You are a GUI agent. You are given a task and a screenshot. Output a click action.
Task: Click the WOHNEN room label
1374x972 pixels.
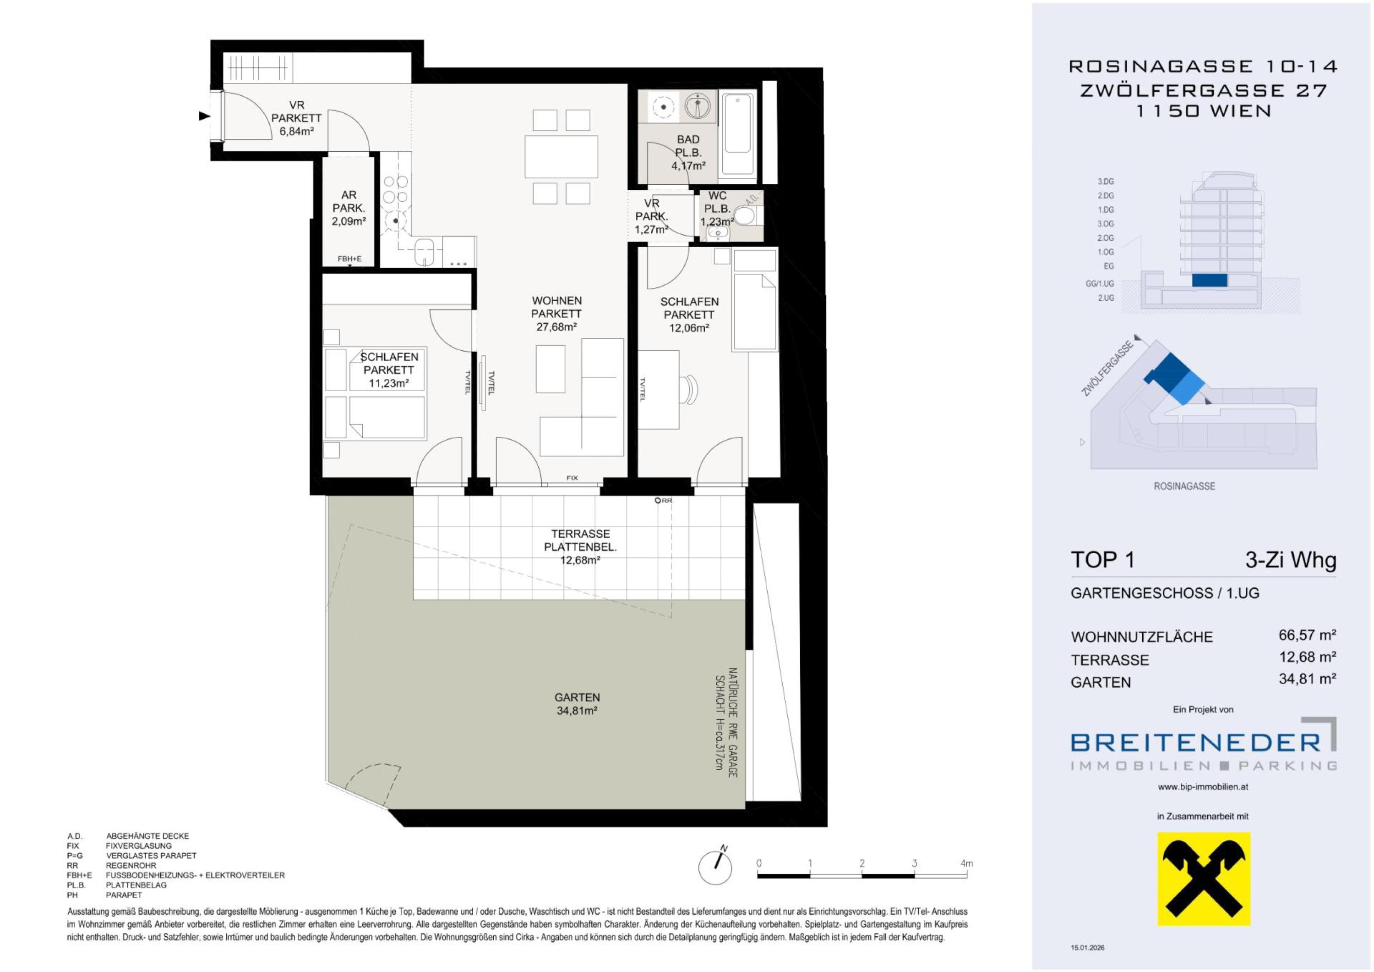(x=556, y=301)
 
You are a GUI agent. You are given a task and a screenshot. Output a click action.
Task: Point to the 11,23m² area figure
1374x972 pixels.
(x=388, y=383)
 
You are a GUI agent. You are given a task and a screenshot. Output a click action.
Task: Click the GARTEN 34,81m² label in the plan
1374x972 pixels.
(x=577, y=704)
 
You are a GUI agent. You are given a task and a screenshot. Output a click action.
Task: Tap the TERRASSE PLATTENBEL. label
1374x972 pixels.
(x=580, y=540)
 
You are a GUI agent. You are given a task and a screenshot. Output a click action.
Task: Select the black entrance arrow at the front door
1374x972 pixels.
(x=205, y=116)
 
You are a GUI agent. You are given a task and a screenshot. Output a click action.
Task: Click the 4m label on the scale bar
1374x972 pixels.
(x=966, y=864)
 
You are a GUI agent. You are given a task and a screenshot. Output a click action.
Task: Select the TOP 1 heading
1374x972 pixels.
(x=1102, y=560)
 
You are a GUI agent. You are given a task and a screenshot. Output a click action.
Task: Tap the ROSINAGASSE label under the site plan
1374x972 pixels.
(x=1184, y=486)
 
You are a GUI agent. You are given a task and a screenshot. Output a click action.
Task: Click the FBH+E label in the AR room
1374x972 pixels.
(x=349, y=259)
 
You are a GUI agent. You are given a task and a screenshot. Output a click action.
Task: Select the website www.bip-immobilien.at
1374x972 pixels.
(x=1203, y=787)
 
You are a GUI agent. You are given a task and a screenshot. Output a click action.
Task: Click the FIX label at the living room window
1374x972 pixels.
(x=572, y=478)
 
